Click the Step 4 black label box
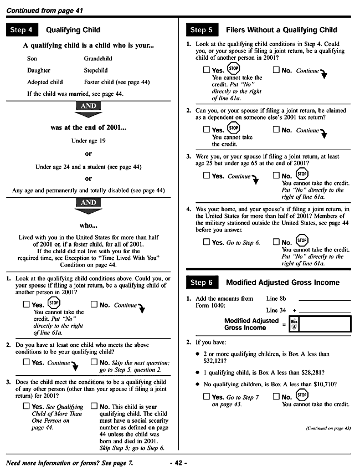coord(22,30)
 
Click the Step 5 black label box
coord(202,30)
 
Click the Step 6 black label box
coord(202,282)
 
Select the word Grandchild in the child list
coord(98,58)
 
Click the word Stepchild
coord(96,70)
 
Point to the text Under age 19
coord(88,141)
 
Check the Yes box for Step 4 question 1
coord(26,305)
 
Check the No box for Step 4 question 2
coord(94,363)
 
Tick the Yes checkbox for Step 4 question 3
coord(26,406)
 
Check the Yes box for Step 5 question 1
coord(207,70)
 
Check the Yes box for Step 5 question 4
coord(207,242)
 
